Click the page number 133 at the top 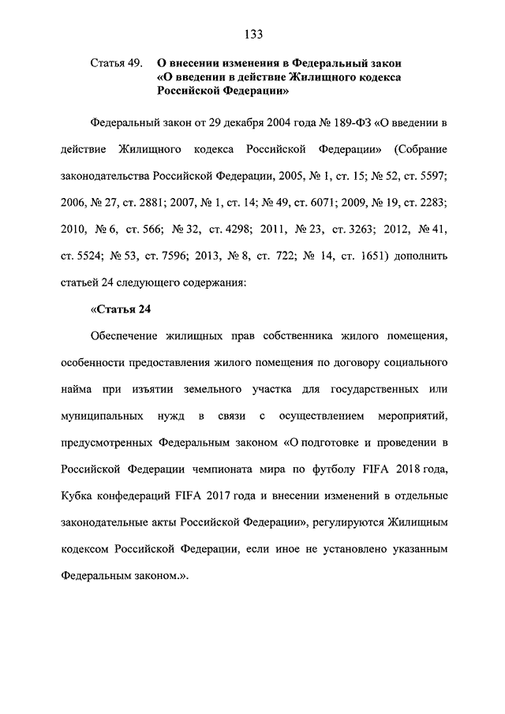pos(252,34)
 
